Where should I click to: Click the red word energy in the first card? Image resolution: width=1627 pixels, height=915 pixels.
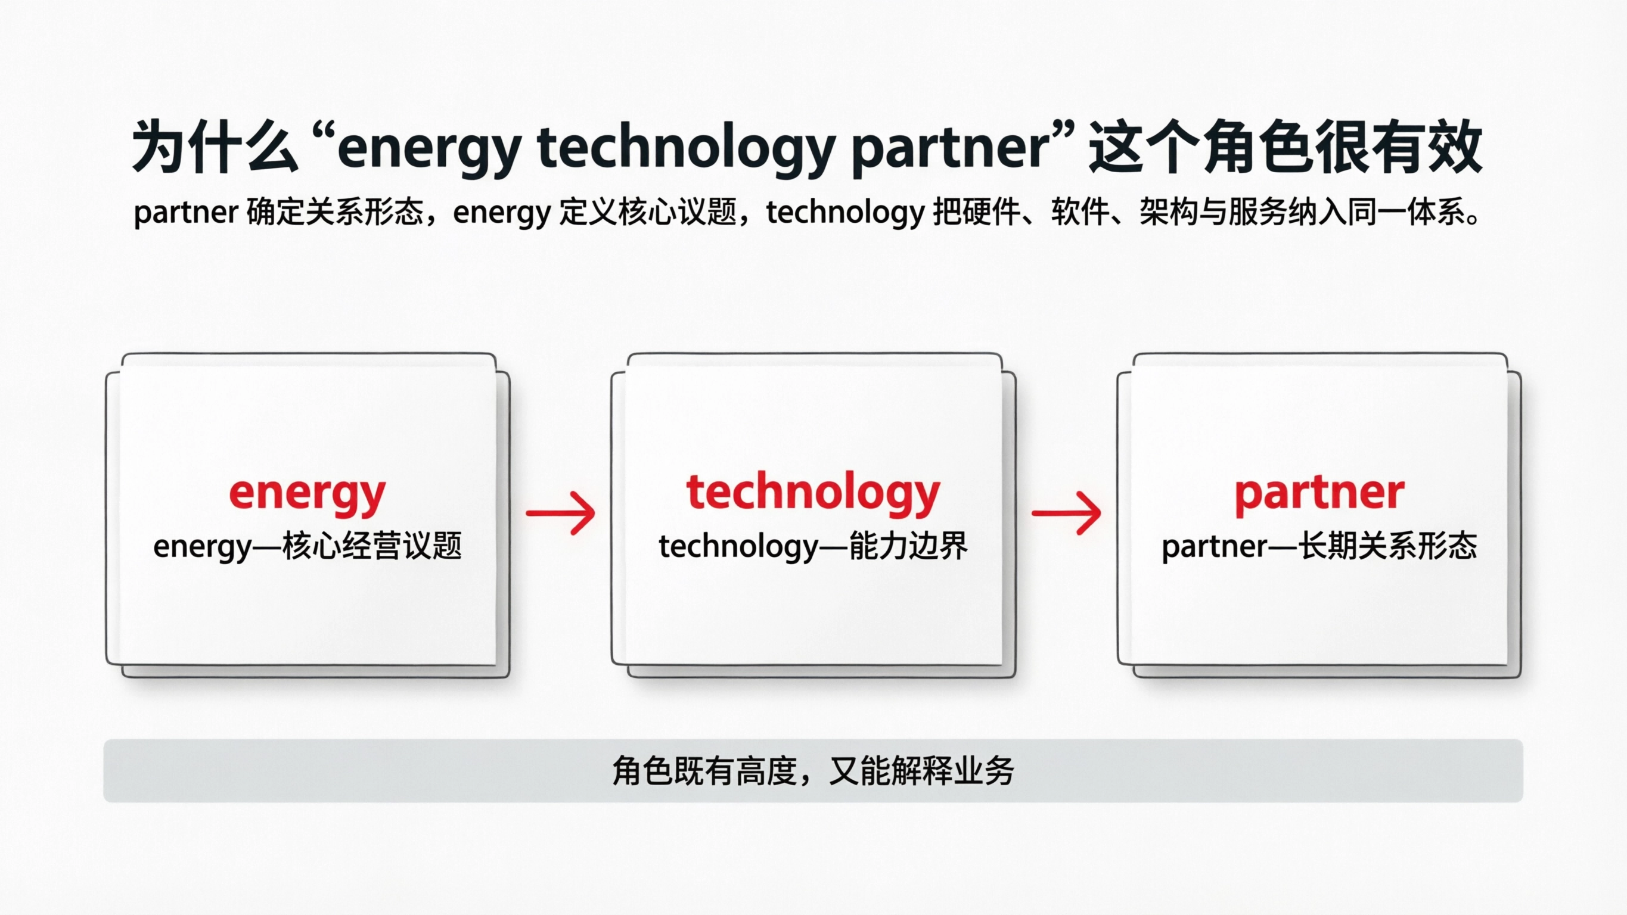pos(307,493)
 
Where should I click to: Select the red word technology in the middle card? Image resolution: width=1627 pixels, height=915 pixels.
pos(813,493)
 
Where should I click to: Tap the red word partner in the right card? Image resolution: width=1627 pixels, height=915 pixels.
pos(1319,493)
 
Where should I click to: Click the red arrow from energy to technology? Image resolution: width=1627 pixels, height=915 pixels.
pos(560,513)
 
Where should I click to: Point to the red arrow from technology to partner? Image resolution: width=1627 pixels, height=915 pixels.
pos(1066,513)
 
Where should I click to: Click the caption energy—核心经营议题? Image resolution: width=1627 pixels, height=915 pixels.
pos(307,546)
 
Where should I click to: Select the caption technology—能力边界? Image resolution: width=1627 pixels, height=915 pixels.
pos(813,546)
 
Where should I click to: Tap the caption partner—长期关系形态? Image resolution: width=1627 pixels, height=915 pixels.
pos(1319,546)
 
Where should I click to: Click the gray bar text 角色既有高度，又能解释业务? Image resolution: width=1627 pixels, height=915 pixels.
pos(813,771)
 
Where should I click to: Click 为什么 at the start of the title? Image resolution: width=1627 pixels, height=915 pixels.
pos(215,147)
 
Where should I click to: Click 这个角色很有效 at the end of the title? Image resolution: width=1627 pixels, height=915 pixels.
pos(1286,147)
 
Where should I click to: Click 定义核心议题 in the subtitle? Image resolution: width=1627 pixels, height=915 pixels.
pos(648,211)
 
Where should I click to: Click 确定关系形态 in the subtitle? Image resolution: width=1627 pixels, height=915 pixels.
pos(335,211)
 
